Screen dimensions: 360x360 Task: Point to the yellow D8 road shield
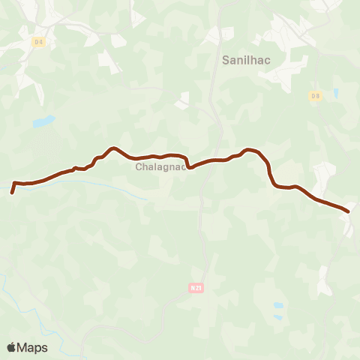(315, 95)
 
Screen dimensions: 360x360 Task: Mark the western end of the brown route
(12, 193)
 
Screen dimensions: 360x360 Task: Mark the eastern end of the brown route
(348, 211)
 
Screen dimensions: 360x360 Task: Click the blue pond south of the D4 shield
(43, 121)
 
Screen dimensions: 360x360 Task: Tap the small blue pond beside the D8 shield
(335, 94)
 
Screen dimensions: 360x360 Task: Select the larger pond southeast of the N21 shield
(278, 306)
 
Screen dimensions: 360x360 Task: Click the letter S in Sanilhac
(226, 58)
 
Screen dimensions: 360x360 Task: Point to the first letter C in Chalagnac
(139, 167)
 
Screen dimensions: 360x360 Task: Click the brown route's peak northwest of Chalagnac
(112, 148)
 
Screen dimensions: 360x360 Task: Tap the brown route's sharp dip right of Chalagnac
(189, 167)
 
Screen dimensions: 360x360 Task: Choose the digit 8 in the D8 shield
(317, 95)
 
